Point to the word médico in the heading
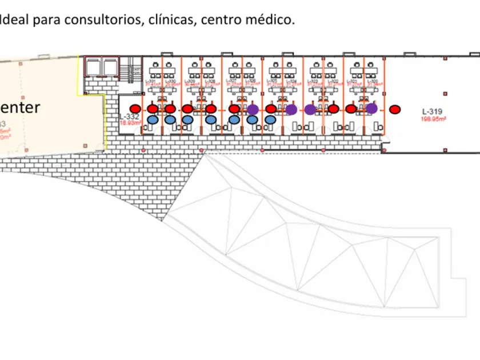pos(275,21)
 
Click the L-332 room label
pos(129,117)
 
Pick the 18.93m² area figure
pos(131,122)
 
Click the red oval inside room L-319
pos(394,109)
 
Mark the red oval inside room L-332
pos(135,109)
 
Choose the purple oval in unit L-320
pos(371,109)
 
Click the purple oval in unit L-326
pos(253,109)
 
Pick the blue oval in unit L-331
pos(153,119)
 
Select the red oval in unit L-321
pos(351,109)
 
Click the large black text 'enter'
pos(20,107)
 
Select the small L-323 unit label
pos(313,82)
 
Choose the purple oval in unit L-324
pos(291,109)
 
